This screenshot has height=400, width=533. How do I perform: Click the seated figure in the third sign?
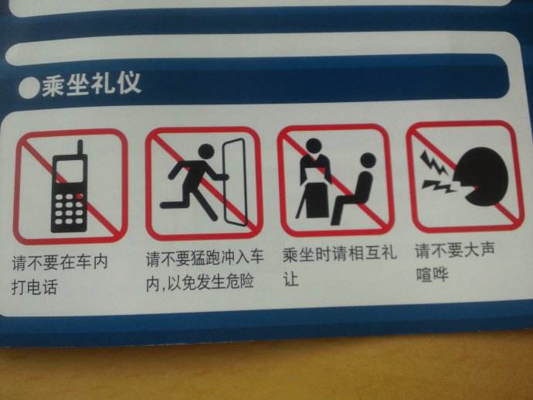click(357, 190)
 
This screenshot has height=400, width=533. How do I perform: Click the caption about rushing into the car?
click(205, 268)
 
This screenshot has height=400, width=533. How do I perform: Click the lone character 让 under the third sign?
click(291, 279)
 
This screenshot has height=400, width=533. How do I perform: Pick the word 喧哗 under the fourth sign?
click(431, 274)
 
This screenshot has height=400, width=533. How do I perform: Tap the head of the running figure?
click(206, 149)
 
